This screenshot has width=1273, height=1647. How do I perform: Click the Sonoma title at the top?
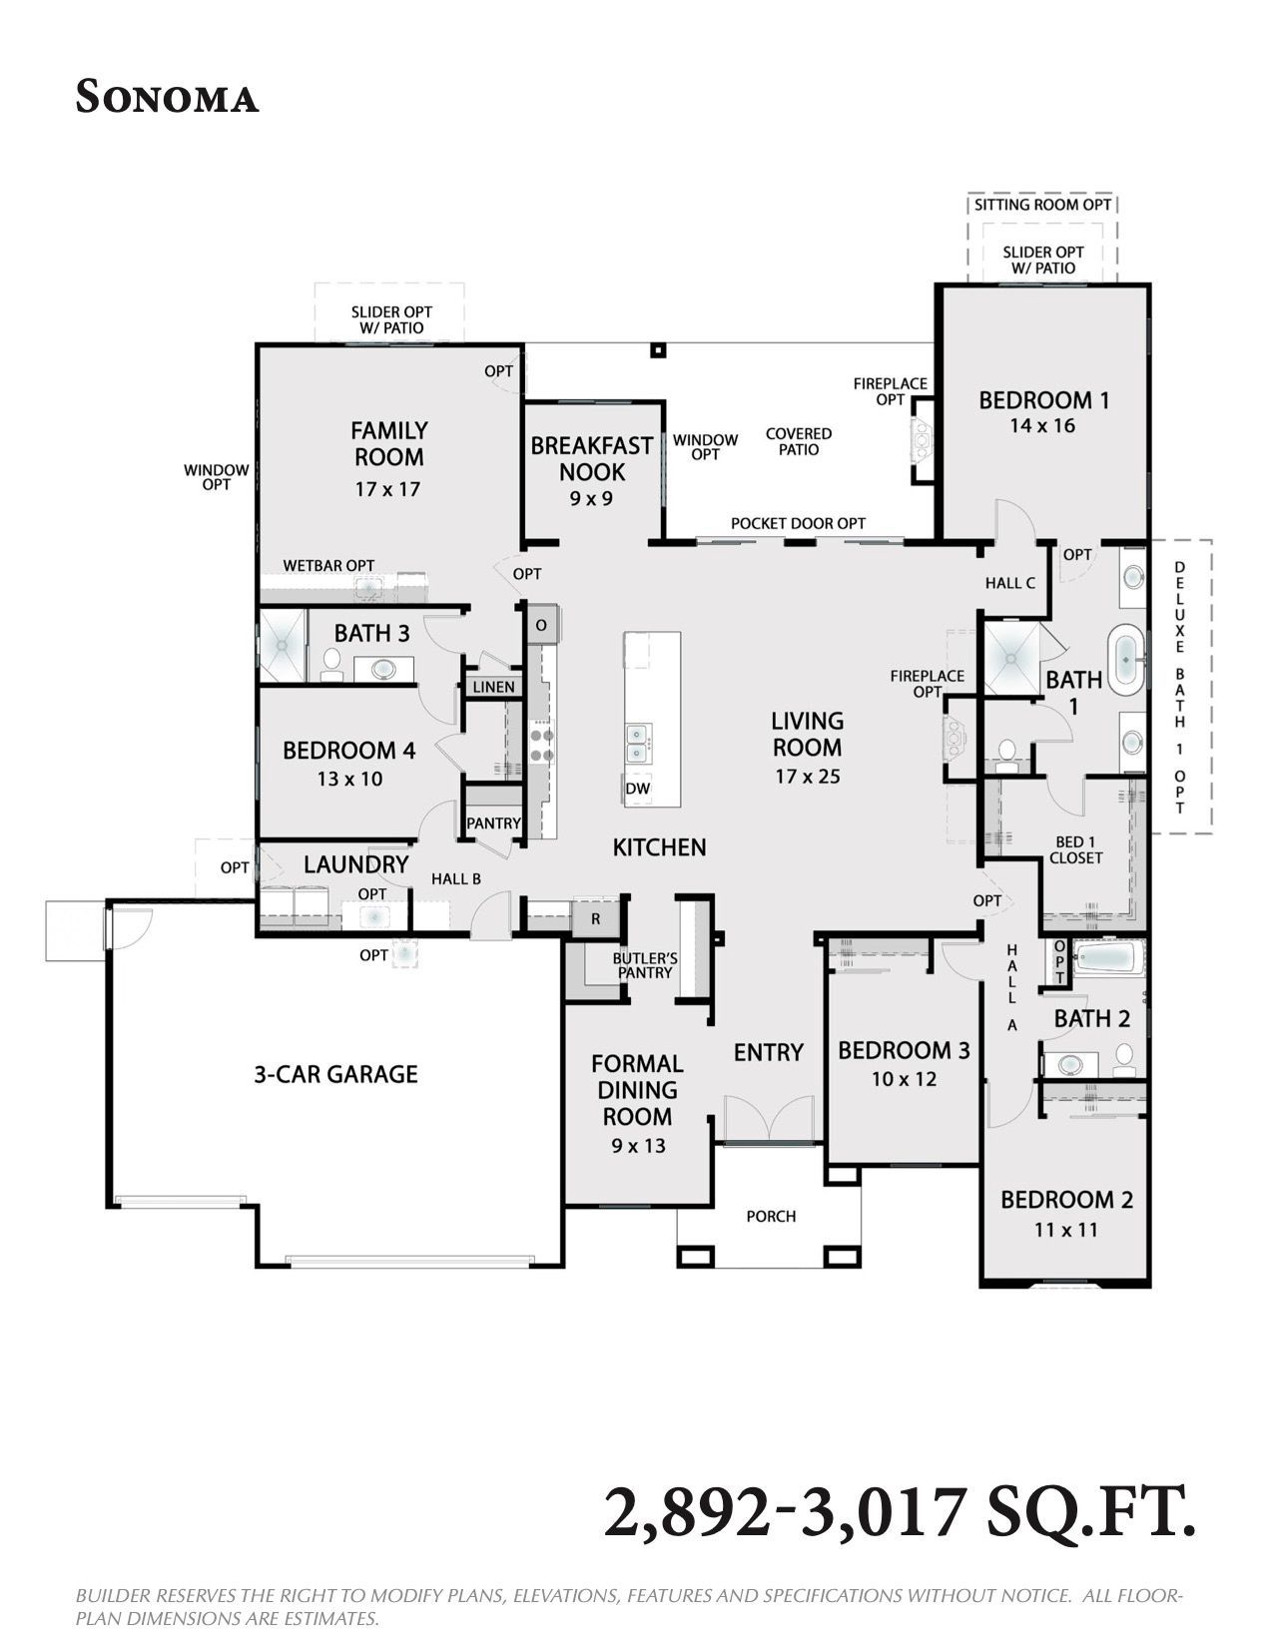(167, 98)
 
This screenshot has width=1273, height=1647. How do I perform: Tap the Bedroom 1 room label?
(1043, 400)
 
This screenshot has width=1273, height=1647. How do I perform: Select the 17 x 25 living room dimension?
(808, 777)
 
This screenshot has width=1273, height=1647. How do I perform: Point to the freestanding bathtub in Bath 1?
(1127, 660)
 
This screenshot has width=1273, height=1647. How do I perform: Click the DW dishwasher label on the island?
(638, 789)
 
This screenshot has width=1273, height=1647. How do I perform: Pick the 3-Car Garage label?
(335, 1074)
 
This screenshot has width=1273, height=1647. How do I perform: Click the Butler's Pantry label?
(645, 965)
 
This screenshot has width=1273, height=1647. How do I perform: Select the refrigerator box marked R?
(596, 918)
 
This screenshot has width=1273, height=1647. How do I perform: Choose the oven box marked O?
(541, 625)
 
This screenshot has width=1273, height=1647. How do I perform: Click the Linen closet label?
(493, 687)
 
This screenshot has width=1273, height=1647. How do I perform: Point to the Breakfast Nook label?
(591, 458)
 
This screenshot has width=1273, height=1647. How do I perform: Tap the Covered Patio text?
(799, 441)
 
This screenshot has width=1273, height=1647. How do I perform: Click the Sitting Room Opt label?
(1043, 205)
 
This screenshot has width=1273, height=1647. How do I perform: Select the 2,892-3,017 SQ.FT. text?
(900, 1512)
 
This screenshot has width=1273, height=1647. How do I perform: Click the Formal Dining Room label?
(638, 1090)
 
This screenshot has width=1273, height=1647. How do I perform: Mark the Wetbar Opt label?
(329, 565)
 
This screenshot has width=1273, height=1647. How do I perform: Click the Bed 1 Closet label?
(1076, 849)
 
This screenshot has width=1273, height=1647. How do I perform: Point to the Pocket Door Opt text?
(799, 523)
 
